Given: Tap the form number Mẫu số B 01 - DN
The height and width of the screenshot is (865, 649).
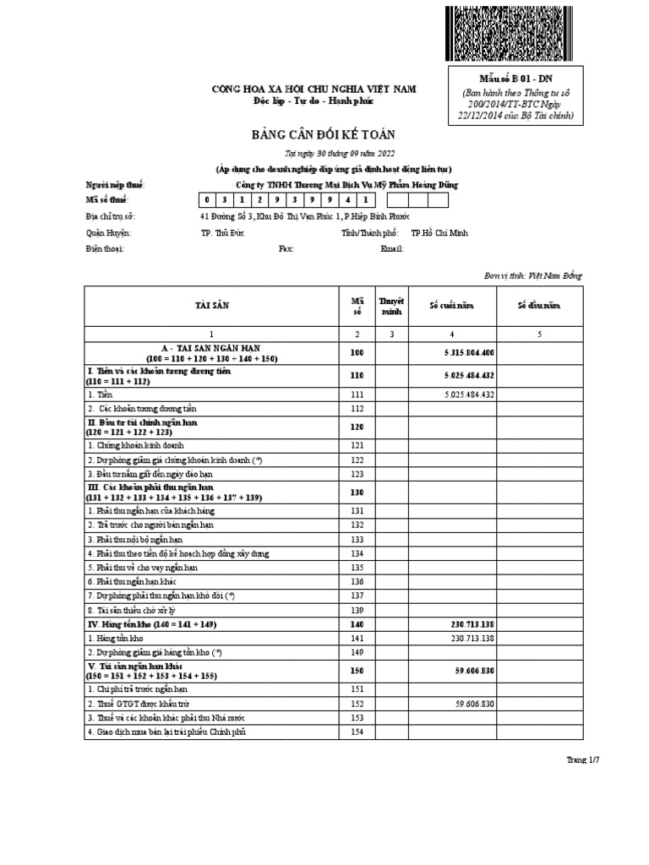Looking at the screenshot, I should (514, 79).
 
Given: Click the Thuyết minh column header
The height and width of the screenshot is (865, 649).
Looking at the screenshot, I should (391, 305).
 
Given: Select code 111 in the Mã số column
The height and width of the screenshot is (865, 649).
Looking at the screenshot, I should (356, 394).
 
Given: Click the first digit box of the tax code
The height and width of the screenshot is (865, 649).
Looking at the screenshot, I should (205, 200).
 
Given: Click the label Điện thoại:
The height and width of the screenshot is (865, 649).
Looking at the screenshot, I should (106, 249).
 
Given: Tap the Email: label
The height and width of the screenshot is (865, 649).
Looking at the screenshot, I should (392, 249).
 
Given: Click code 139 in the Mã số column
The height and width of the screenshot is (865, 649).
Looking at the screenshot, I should (356, 610).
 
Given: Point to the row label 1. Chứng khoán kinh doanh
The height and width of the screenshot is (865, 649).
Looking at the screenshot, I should (135, 444).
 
